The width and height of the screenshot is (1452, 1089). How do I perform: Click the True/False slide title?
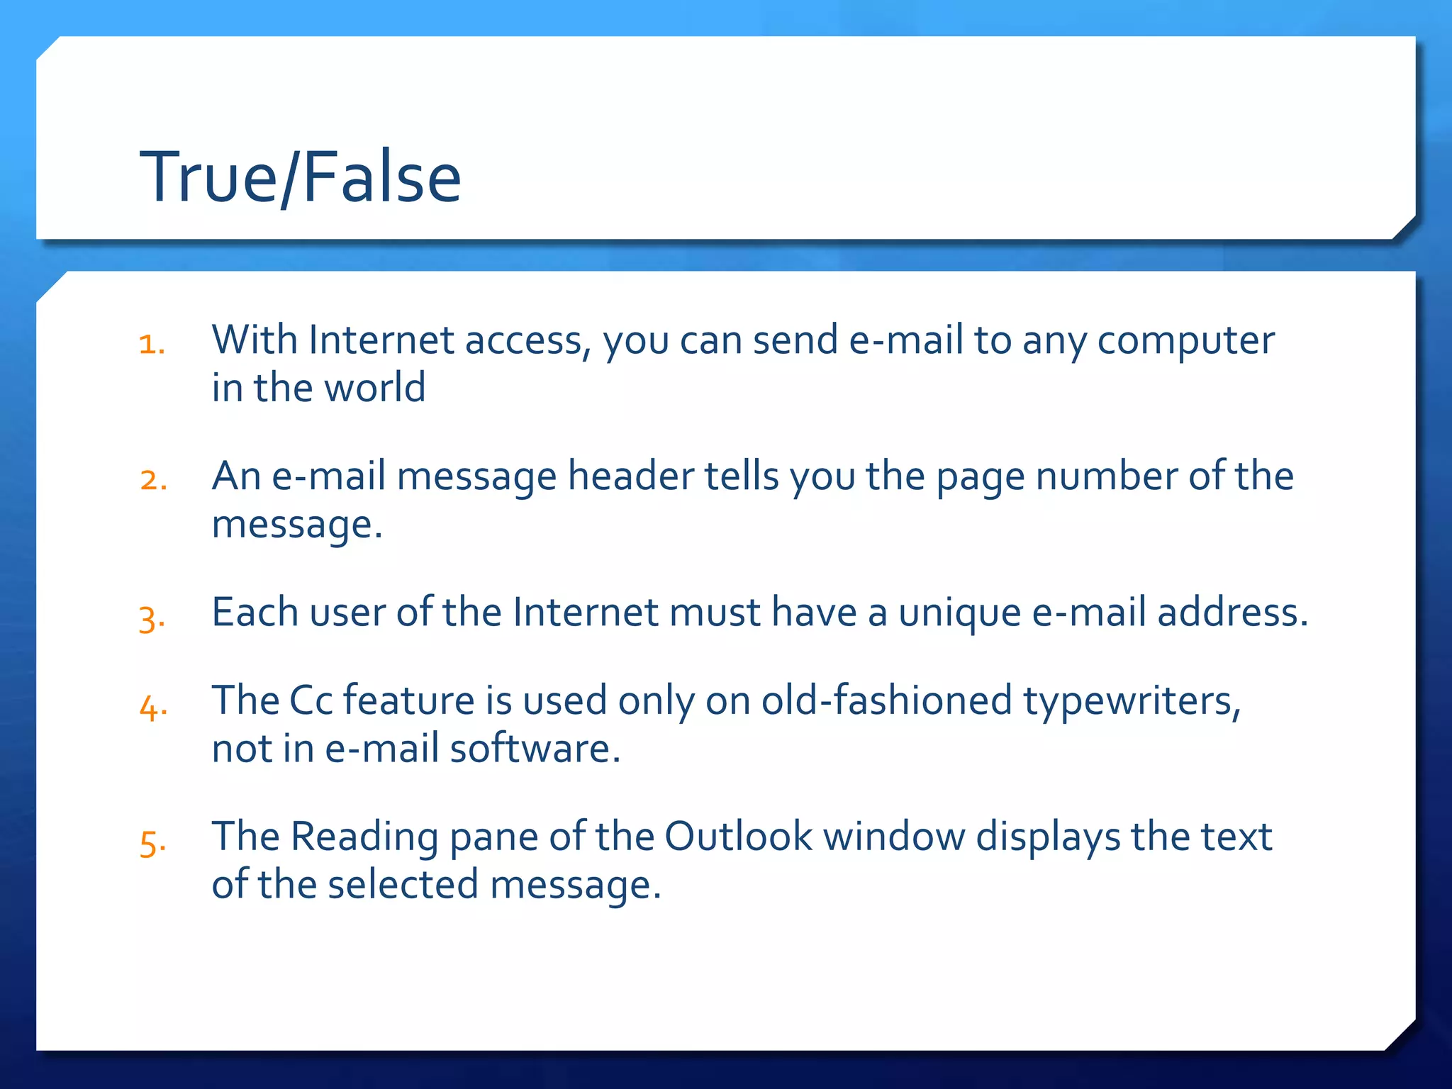301,177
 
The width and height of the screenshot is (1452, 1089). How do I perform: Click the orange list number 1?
152,345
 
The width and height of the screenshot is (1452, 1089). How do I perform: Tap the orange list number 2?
153,481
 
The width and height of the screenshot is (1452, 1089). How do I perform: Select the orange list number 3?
152,618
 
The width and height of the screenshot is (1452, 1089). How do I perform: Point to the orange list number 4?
153,707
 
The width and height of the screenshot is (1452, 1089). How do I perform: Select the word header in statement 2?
630,476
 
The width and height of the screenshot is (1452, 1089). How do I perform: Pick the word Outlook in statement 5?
738,837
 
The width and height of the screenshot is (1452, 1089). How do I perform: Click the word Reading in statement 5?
364,838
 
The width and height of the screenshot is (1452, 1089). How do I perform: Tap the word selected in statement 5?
403,885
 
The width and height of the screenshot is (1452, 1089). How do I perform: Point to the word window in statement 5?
894,837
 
